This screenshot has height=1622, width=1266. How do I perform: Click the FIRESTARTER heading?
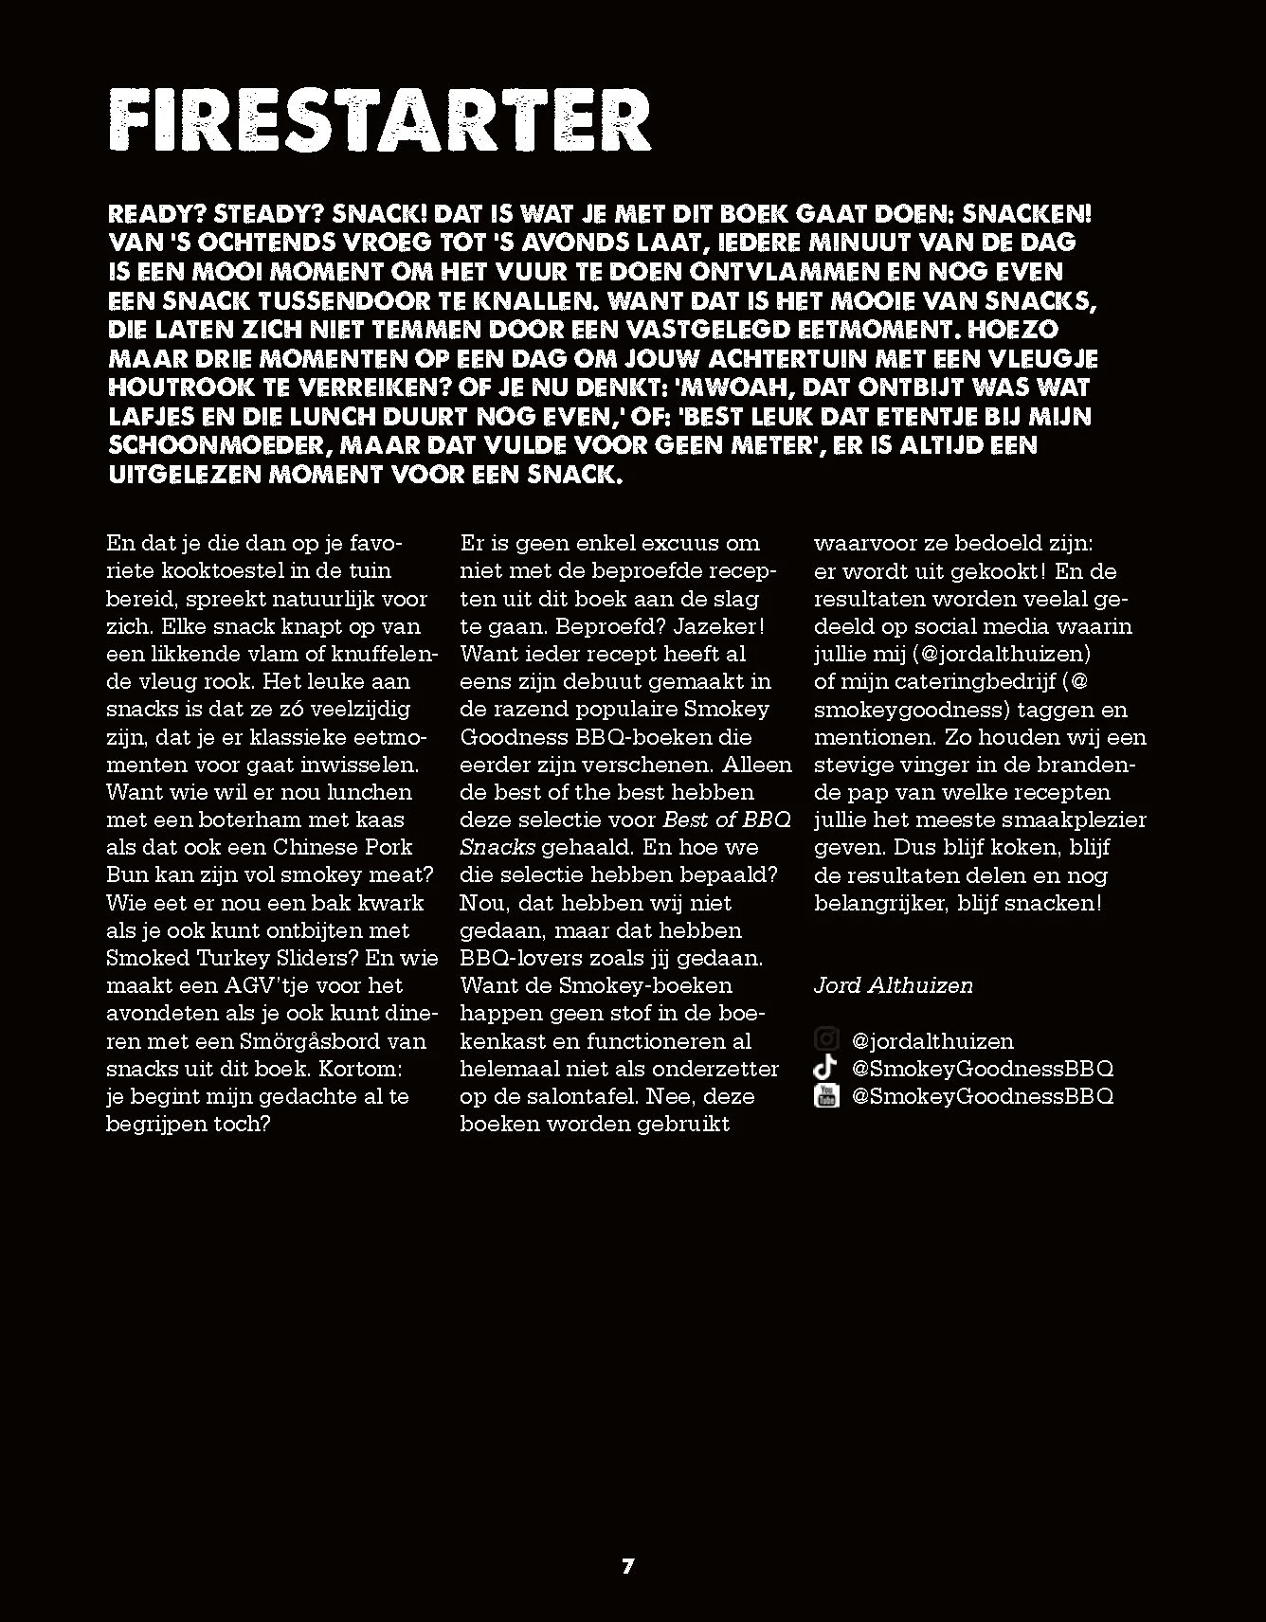pos(380,121)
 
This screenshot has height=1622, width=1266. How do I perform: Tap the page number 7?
pos(627,1566)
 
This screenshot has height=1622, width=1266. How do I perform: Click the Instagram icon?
pos(826,1040)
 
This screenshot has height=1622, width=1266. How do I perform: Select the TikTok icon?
pos(826,1068)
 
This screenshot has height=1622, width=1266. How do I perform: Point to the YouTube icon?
pos(826,1096)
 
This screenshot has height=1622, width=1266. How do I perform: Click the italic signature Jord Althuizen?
pos(893,985)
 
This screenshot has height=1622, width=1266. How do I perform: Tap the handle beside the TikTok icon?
pos(983,1069)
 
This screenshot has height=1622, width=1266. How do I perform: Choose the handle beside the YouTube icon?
pos(983,1096)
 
